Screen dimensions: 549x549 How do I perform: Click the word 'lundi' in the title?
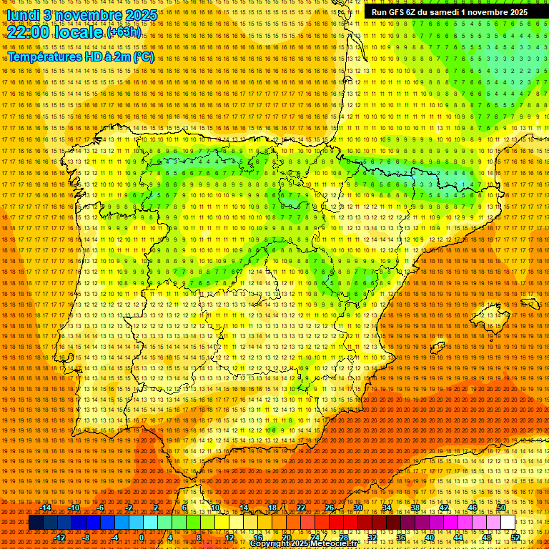point(22,14)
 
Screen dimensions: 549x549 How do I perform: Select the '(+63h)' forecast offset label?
point(123,32)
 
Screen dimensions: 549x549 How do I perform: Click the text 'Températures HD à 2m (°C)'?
point(81,56)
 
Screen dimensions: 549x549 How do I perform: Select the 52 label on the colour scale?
point(515,538)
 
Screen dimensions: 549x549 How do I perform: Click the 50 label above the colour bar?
point(501,508)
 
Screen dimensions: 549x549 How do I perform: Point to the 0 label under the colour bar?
point(142,538)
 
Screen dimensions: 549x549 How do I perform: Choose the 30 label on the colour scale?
point(357,508)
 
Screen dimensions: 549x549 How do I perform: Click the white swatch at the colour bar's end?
point(508,523)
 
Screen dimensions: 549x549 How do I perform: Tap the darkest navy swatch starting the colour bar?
point(36,523)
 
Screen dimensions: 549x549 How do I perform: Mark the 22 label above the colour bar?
point(301,508)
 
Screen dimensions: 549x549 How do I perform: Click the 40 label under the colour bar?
point(430,538)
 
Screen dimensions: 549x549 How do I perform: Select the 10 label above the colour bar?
point(214,508)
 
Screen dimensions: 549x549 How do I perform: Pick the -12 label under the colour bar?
point(60,538)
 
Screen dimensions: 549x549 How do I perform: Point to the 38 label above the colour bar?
point(415,508)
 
